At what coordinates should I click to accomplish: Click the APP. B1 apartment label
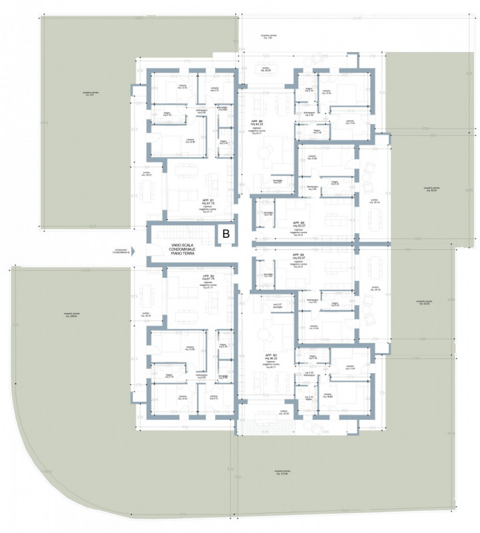[207, 200]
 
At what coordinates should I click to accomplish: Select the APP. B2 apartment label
[207, 274]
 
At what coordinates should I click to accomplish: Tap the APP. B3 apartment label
[270, 355]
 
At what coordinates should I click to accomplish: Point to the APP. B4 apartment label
[298, 255]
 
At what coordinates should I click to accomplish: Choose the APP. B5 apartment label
[298, 223]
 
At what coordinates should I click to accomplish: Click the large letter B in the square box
[226, 234]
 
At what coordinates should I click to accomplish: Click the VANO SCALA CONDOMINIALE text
[184, 251]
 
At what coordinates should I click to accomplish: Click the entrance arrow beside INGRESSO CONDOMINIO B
[133, 252]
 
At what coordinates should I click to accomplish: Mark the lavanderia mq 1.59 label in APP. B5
[267, 214]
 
